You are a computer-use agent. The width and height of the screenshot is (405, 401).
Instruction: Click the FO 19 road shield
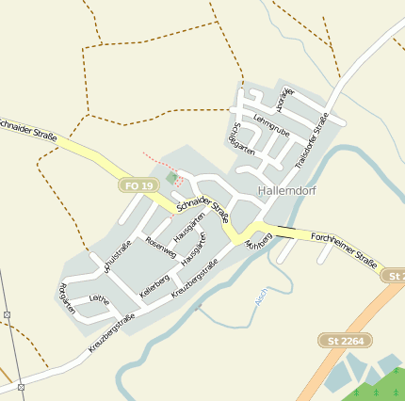click(138, 185)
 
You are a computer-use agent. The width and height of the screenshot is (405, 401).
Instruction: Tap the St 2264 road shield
click(345, 340)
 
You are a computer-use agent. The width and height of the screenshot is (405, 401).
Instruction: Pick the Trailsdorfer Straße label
click(311, 140)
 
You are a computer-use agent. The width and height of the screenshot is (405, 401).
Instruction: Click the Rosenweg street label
click(160, 248)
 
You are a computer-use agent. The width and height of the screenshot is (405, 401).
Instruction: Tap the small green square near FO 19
click(171, 177)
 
